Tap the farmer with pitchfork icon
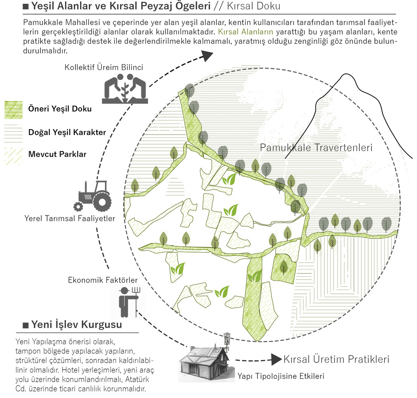129,302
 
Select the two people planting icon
125,88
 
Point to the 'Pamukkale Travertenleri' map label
316,148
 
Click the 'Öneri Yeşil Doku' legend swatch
14,110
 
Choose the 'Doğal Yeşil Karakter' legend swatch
14,132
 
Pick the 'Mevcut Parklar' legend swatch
14,155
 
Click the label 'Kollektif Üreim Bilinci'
104,67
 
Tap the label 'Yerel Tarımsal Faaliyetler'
70,218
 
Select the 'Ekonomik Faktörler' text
103,280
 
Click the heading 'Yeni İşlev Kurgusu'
77,325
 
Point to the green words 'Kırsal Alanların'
246,32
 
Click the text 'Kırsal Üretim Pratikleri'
337,359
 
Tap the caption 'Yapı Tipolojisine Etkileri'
281,376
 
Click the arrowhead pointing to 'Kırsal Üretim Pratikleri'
276,359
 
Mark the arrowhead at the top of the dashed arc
207,55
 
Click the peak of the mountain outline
345,74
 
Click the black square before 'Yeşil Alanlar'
26,6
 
